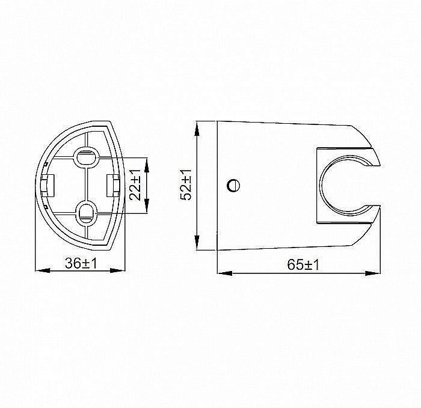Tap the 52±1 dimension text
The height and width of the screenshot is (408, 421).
[x=187, y=184]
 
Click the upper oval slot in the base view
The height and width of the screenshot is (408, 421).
[x=86, y=158]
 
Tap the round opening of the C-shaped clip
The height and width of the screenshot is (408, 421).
[x=346, y=186]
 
